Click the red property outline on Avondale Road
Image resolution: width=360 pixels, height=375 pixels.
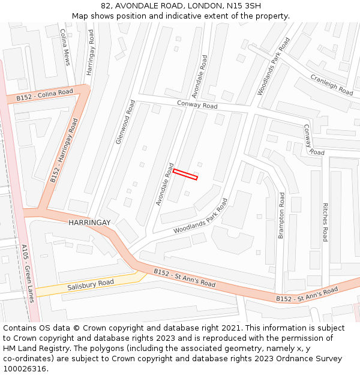click(x=185, y=175)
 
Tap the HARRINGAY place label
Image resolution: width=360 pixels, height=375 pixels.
click(x=89, y=223)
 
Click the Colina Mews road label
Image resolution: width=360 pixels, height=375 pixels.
click(x=65, y=47)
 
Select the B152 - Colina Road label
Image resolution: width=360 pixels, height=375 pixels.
click(x=44, y=95)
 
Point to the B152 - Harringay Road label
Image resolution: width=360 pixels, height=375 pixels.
click(x=64, y=151)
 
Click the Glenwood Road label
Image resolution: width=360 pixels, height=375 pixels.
click(x=125, y=122)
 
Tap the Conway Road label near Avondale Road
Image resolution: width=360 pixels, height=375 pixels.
click(x=197, y=104)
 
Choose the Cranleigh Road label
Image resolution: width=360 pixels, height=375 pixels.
click(x=331, y=85)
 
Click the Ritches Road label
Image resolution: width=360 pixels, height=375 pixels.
click(x=325, y=222)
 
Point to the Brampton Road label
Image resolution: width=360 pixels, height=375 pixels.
click(x=281, y=215)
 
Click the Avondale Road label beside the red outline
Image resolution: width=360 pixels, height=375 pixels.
click(x=164, y=184)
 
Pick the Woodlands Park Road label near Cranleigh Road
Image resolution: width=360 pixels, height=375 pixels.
click(x=273, y=66)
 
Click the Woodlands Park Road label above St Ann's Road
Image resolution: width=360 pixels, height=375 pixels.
click(x=200, y=216)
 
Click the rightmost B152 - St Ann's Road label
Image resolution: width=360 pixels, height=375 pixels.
click(x=307, y=294)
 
